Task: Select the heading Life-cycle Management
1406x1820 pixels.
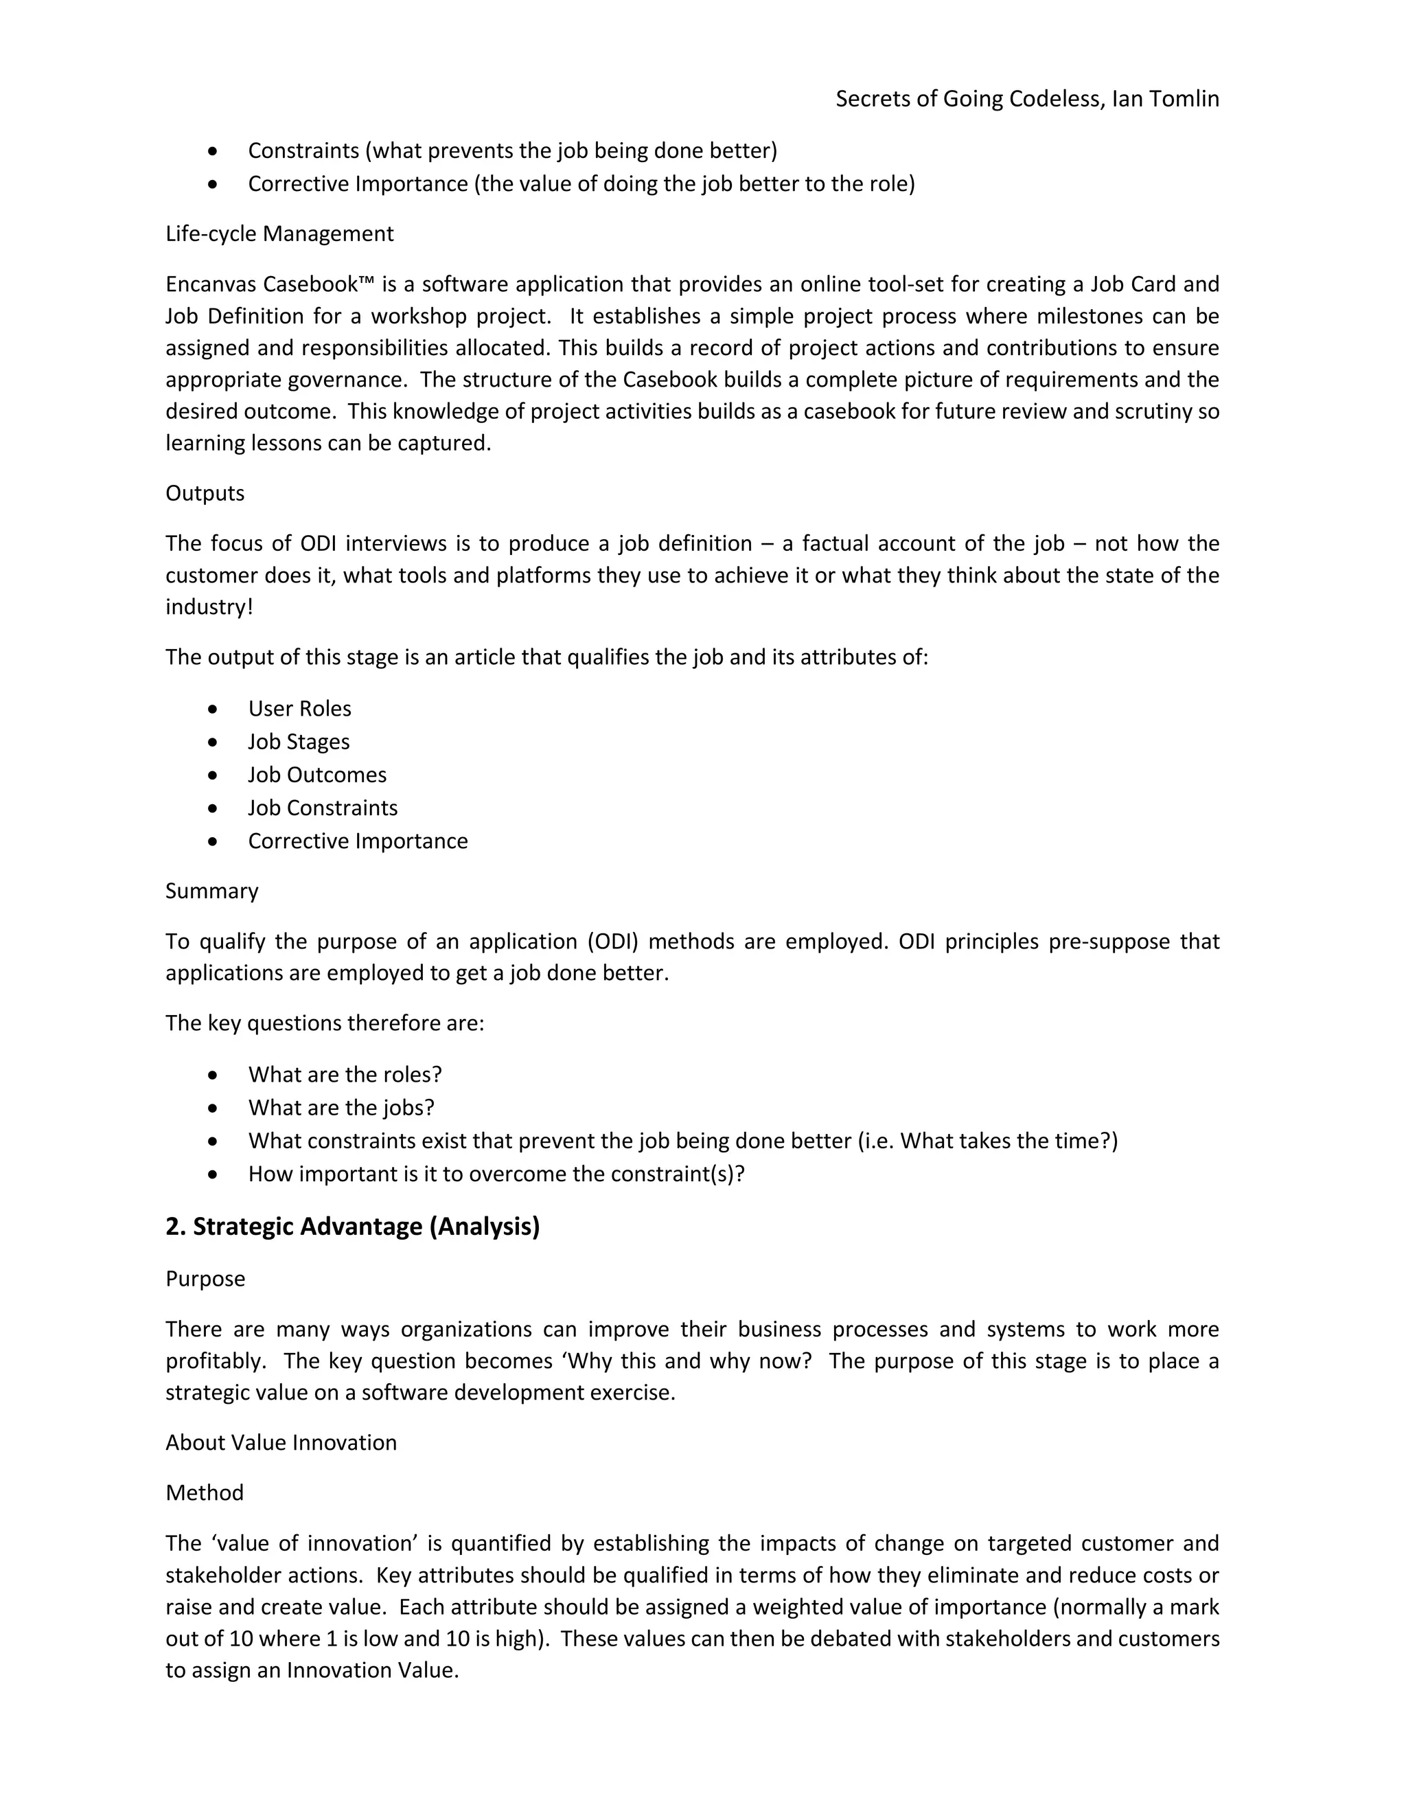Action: click(279, 234)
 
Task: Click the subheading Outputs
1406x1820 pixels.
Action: click(205, 493)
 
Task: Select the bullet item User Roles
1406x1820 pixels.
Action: click(299, 708)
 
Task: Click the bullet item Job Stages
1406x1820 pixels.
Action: click(298, 742)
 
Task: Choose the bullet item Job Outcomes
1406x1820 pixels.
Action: click(316, 775)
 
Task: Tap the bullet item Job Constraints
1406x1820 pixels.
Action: click(323, 808)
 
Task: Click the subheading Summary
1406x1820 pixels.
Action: click(211, 891)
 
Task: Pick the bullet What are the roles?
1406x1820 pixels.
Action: click(345, 1074)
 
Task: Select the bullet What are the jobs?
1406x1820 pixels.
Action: click(341, 1108)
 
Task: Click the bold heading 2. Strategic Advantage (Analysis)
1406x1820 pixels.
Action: click(352, 1227)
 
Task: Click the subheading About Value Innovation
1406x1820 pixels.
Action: click(281, 1442)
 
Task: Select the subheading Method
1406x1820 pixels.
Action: click(204, 1492)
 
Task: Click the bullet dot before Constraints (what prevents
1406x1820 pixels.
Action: click(214, 151)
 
